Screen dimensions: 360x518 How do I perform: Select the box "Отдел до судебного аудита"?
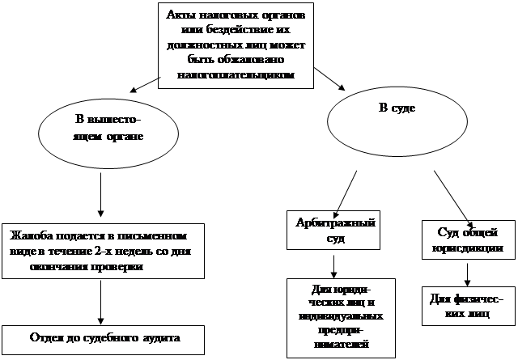pos(103,337)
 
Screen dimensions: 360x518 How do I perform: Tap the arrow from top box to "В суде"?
pos(329,80)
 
